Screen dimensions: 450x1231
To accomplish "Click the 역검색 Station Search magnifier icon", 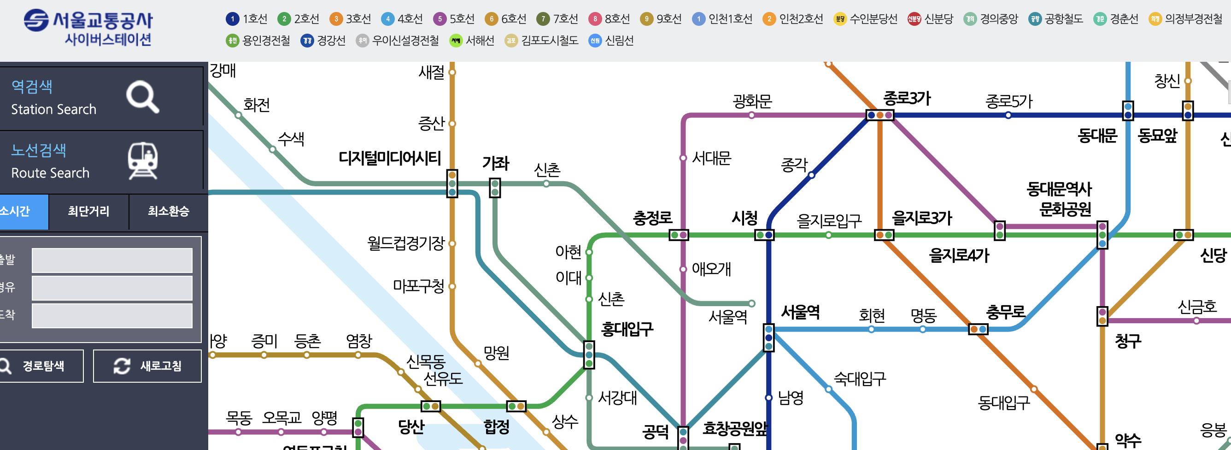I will [x=142, y=97].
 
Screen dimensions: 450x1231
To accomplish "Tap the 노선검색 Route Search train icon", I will [x=142, y=160].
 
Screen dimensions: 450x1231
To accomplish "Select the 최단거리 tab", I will [x=88, y=211].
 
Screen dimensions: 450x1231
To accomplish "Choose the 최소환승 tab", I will [x=168, y=211].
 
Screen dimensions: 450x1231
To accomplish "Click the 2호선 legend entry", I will [x=298, y=19].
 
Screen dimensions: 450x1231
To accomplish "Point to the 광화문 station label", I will [x=752, y=101].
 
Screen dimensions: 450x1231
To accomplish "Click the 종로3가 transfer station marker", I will [x=880, y=115].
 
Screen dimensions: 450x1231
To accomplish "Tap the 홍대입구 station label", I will [x=627, y=329].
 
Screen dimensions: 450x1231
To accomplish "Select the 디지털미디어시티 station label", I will [x=389, y=158].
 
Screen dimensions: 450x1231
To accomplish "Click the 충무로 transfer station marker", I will [x=978, y=330].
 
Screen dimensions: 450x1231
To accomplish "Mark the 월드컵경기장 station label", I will [x=405, y=243].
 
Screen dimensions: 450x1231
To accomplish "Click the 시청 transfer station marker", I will [x=764, y=235].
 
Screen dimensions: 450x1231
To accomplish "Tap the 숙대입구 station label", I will [x=860, y=379].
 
